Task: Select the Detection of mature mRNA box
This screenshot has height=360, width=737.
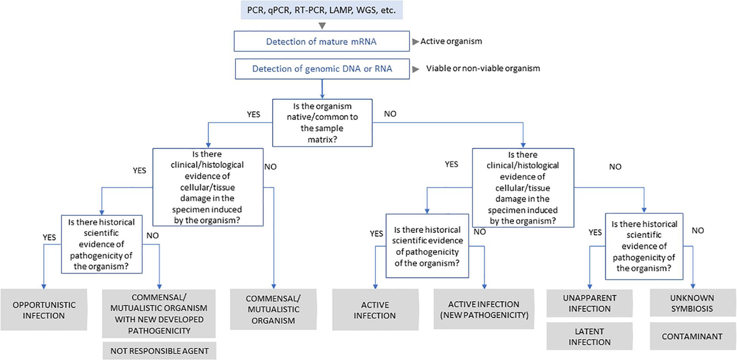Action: (x=321, y=42)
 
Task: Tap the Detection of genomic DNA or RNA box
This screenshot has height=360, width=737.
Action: (x=321, y=69)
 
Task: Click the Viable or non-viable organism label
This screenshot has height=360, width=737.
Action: (x=483, y=68)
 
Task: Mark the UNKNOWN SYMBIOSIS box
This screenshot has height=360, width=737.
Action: (x=691, y=303)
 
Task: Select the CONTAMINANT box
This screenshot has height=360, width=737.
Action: (x=691, y=337)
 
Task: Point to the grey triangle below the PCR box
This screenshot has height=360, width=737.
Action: (x=321, y=26)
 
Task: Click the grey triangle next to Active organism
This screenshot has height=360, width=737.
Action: (x=415, y=42)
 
